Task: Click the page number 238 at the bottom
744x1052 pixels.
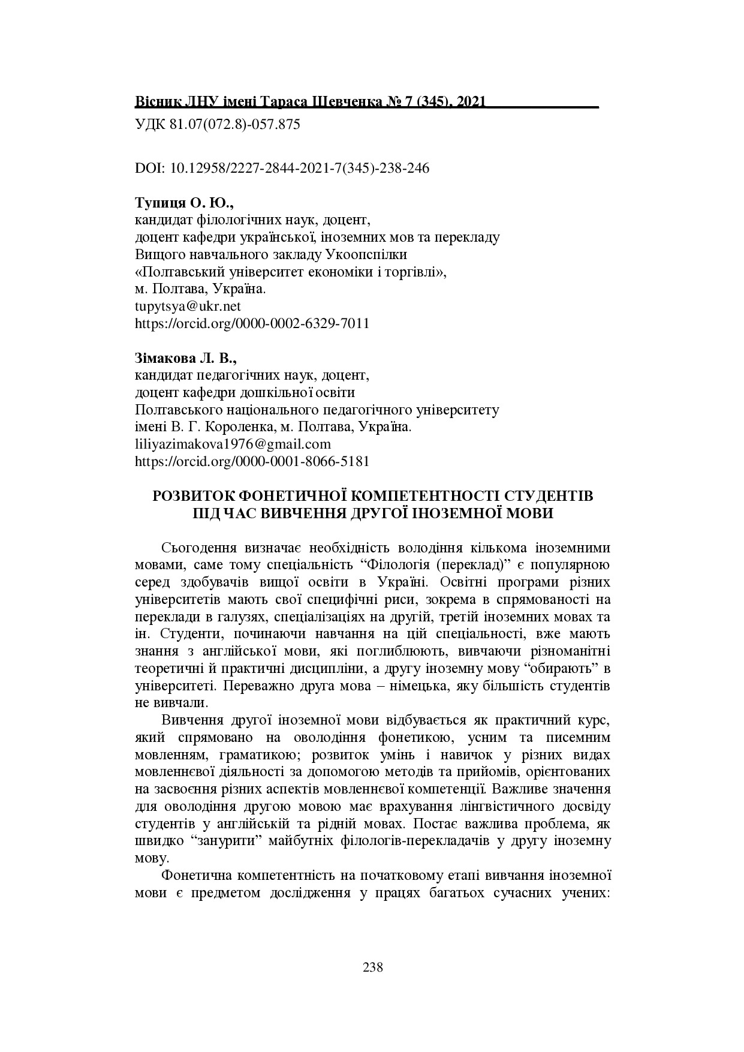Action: (372, 967)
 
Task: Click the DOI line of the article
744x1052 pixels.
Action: (282, 169)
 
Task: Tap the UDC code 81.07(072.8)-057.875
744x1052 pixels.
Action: (218, 125)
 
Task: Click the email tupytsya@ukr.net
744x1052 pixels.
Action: (188, 306)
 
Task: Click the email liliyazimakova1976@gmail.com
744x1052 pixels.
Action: (233, 444)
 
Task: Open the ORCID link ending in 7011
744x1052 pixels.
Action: (252, 324)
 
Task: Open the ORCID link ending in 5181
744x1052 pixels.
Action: (252, 462)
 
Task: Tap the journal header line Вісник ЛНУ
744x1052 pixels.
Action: (310, 103)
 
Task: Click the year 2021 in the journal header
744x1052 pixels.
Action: (470, 103)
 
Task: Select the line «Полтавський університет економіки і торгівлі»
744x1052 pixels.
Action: (291, 272)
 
